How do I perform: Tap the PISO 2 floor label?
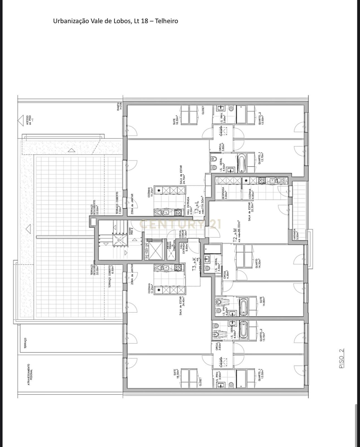[x=342, y=358]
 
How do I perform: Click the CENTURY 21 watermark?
[x=180, y=224]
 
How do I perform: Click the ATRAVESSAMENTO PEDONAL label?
[x=30, y=374]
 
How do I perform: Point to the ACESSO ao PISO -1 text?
[x=29, y=120]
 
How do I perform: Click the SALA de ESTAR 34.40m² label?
[x=182, y=306]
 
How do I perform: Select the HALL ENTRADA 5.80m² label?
[x=183, y=248]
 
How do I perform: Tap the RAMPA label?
[x=120, y=106]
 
